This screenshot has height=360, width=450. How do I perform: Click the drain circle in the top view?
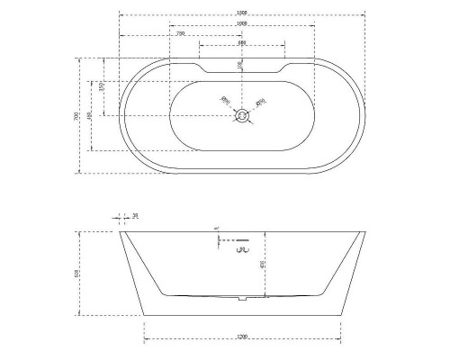(x=241, y=115)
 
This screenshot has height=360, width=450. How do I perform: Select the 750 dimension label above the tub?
(x=181, y=32)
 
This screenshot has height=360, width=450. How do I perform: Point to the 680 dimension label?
(x=242, y=43)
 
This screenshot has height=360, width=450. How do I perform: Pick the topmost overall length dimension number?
(x=241, y=12)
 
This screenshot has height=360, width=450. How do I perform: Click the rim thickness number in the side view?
(x=135, y=216)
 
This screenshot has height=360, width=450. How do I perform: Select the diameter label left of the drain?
(x=226, y=101)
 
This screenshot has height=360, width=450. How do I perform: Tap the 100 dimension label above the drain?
(x=239, y=65)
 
